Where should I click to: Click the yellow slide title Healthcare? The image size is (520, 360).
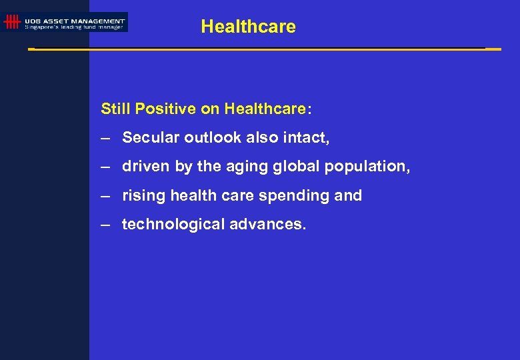[x=248, y=27]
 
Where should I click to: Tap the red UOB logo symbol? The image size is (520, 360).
[x=11, y=22]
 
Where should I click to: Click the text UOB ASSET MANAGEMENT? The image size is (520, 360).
[x=74, y=21]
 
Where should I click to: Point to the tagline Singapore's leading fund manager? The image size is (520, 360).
[x=74, y=27]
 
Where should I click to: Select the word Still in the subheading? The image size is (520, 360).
[x=113, y=109]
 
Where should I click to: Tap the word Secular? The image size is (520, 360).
[x=151, y=138]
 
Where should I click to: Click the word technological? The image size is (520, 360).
[x=173, y=225]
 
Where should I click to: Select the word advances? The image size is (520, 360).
[x=267, y=225]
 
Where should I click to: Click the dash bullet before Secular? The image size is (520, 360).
[x=105, y=139]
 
